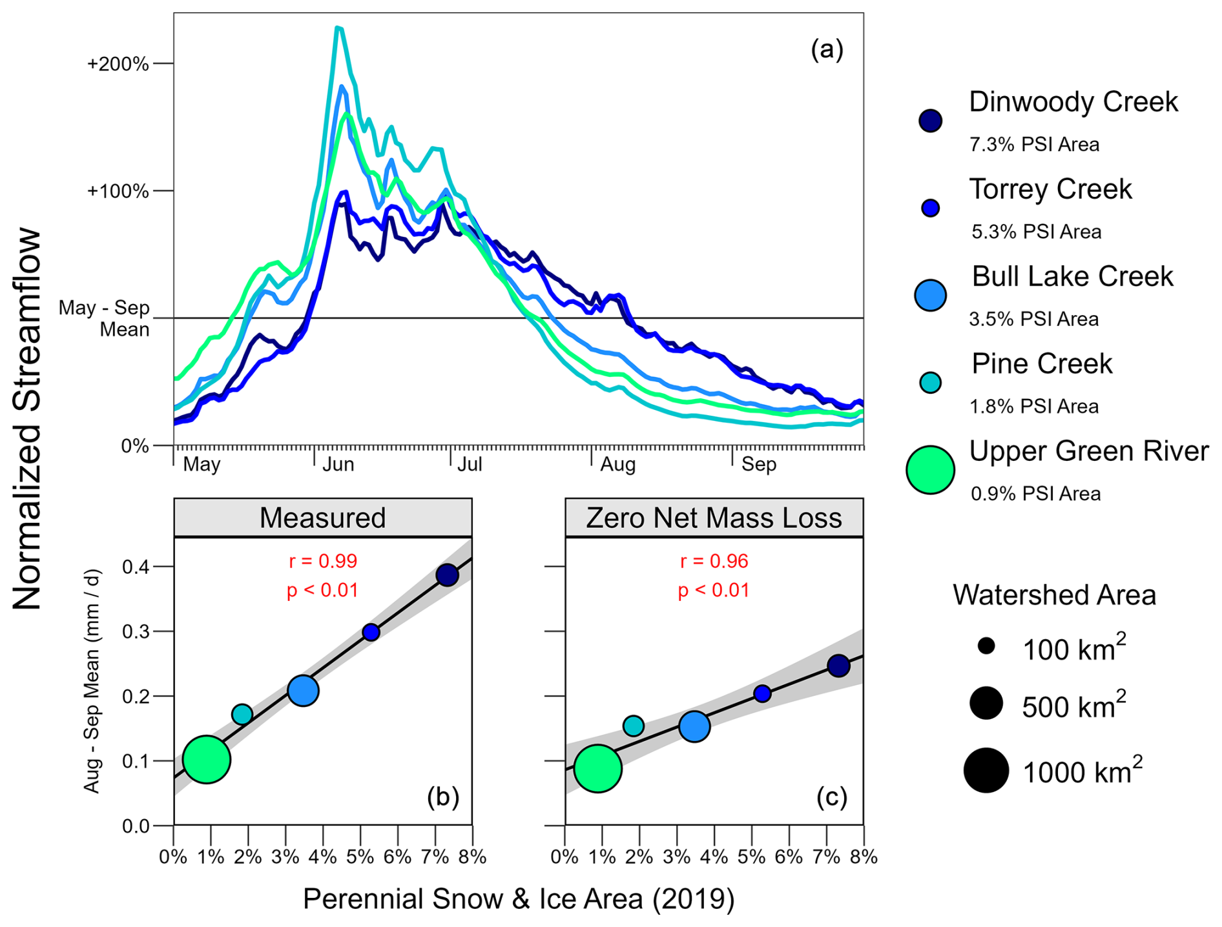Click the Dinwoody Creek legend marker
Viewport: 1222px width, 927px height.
click(x=930, y=121)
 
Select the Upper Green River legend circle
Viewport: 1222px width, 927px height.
click(x=930, y=469)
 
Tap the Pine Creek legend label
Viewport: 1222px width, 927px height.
click(x=1042, y=364)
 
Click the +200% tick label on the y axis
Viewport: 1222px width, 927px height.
click(x=118, y=64)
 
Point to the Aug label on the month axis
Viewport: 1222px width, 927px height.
click(x=617, y=464)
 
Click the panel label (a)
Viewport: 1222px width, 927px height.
click(x=827, y=50)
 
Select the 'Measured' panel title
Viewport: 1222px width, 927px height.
click(x=322, y=518)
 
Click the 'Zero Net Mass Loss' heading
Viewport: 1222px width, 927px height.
click(x=714, y=518)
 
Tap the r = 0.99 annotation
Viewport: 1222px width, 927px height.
click(x=322, y=561)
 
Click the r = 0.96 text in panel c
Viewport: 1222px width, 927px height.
click(x=714, y=561)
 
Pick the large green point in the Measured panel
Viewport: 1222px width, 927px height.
click(x=207, y=759)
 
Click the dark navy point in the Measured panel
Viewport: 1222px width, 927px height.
click(x=447, y=575)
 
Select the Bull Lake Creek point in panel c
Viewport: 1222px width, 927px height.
click(x=694, y=726)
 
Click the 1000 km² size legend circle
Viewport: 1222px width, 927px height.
click(x=986, y=770)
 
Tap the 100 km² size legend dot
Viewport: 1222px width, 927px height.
click(x=986, y=646)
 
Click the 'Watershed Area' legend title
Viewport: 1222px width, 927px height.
click(x=1054, y=595)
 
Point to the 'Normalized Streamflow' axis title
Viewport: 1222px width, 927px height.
click(x=27, y=420)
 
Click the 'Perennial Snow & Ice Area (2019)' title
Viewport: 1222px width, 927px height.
click(x=518, y=899)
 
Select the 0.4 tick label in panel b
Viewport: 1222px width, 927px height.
click(x=136, y=567)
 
